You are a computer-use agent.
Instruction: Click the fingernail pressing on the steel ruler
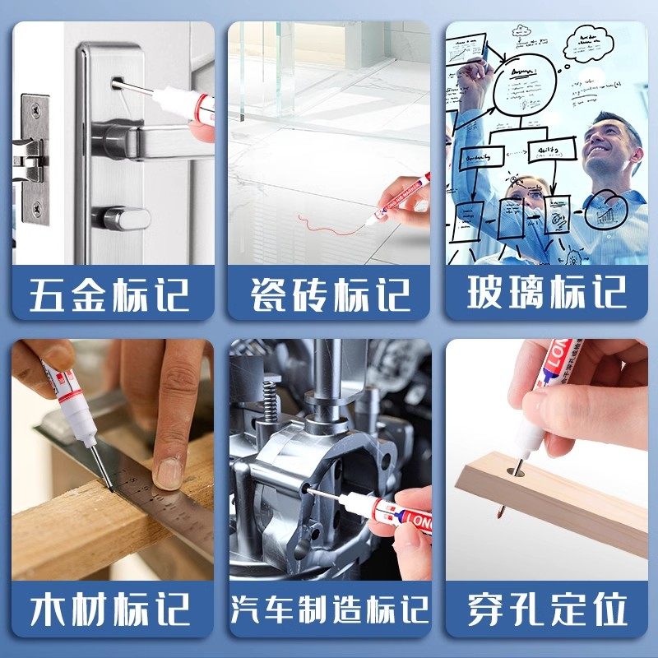(x=168, y=473)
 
